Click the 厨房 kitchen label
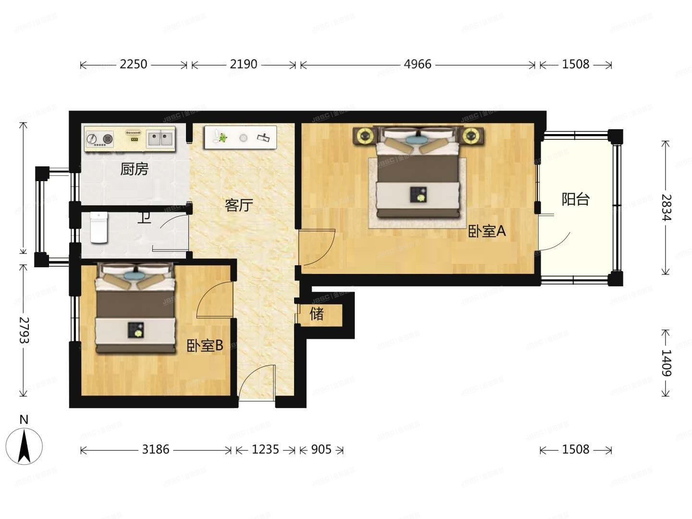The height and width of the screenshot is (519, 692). coord(134,169)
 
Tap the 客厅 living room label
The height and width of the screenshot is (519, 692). coord(239,206)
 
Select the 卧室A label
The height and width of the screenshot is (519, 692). coord(487,232)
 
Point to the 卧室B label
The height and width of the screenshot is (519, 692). coord(205,346)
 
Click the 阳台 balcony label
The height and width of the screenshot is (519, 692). coord(575,199)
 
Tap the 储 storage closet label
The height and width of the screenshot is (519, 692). coord(317,314)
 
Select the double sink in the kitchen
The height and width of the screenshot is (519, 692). coord(160,138)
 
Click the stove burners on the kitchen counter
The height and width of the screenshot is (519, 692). coord(100,139)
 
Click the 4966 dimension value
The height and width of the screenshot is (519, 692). coord(417,64)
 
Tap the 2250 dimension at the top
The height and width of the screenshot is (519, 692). coord(133,64)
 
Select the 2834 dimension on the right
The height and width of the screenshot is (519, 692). coord(666,207)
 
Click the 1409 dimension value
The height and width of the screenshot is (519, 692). coord(666,363)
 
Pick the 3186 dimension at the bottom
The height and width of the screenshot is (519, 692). coord(156,450)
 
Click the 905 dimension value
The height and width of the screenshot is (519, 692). coord(321,450)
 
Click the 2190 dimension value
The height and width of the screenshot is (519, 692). coord(243,64)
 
